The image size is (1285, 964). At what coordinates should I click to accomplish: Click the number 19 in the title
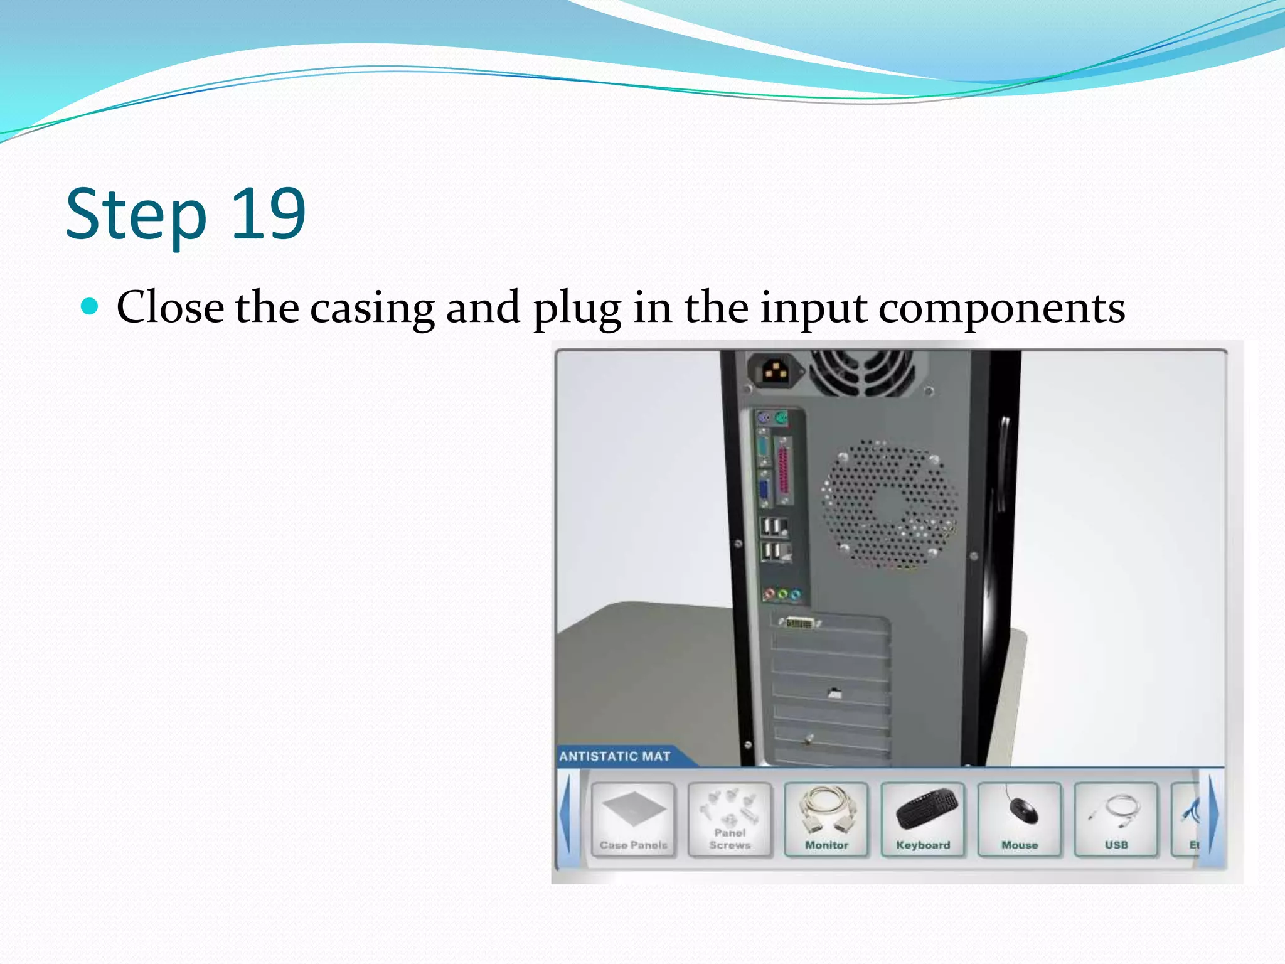point(269,214)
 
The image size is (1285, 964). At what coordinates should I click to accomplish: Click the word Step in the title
point(136,214)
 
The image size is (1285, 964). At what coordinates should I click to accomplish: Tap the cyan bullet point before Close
point(90,306)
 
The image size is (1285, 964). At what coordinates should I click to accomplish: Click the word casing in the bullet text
point(373,308)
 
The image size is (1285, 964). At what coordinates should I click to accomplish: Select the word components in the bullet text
point(1001,308)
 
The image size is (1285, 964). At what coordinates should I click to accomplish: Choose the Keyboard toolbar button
point(923,819)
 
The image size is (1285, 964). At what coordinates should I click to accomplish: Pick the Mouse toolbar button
point(1020,819)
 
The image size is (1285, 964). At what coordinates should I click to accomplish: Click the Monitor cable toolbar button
point(826,819)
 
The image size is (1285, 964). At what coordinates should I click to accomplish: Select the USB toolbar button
point(1116,819)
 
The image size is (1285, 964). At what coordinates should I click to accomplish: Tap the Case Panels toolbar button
point(633,819)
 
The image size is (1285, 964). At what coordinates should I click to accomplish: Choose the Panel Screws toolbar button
point(730,819)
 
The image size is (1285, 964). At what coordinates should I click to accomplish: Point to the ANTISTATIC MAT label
point(615,756)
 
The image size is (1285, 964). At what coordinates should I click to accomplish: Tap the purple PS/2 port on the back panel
point(764,418)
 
